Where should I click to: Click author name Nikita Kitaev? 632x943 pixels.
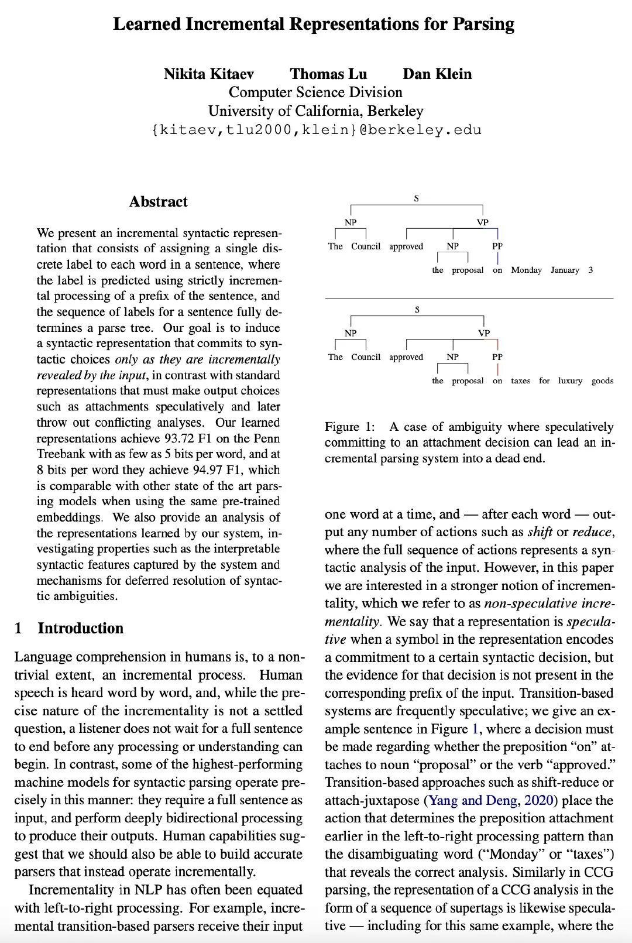208,74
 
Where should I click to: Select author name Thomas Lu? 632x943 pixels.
328,74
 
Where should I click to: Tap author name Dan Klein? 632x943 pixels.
437,74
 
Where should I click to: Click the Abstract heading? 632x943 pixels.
158,202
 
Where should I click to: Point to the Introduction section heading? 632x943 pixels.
80,628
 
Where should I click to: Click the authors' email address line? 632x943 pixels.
316,129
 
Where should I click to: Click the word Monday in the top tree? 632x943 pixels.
526,270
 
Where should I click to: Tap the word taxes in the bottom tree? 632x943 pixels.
520,380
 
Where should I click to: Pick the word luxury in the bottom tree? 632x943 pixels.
569,380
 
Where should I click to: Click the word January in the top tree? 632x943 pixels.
565,270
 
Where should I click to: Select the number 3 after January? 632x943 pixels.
590,270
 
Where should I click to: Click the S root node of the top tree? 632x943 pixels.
416,198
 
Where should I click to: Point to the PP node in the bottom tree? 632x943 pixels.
497,356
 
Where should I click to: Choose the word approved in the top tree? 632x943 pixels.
406,246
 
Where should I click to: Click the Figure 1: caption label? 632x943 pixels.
350,427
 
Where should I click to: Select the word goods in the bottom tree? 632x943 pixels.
602,380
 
